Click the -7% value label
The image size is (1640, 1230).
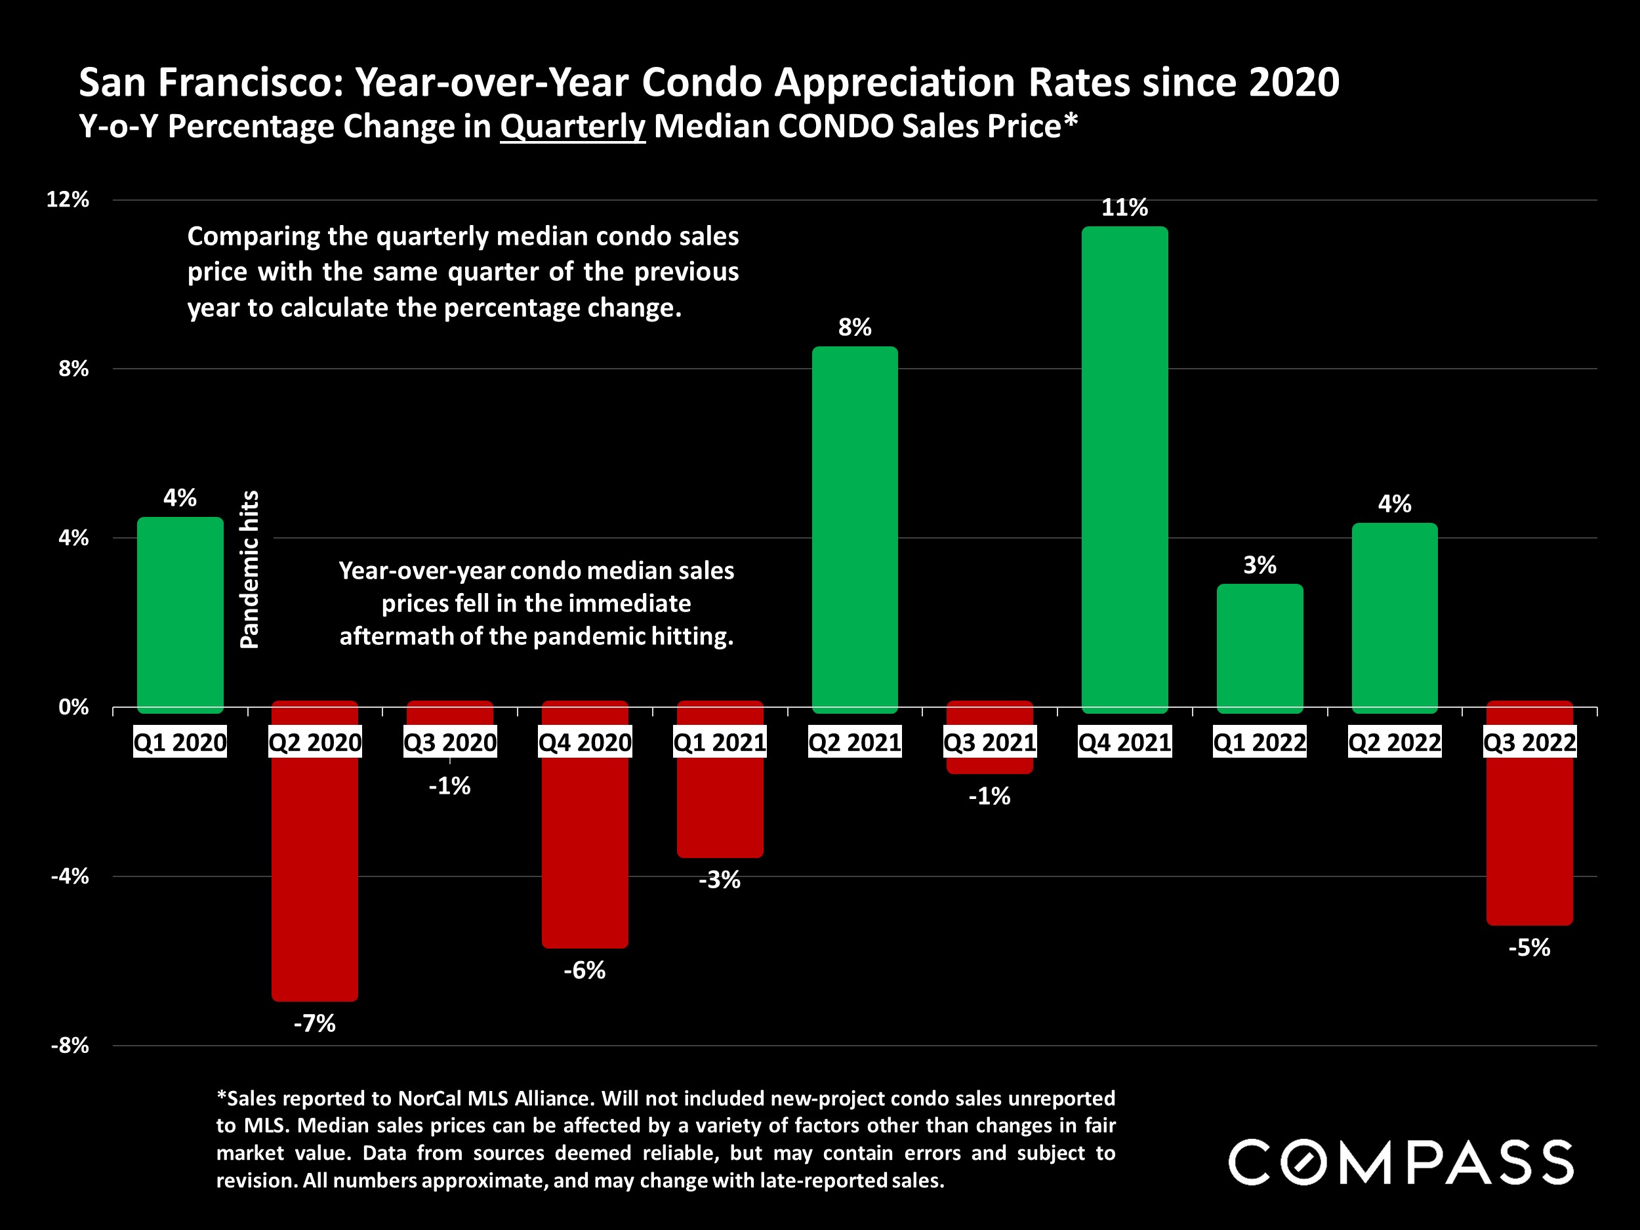[x=314, y=1024]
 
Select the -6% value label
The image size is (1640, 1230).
[x=584, y=970]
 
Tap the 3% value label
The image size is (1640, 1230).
[x=1259, y=565]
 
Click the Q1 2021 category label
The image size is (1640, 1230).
[x=719, y=743]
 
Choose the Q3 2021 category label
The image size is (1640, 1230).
[x=989, y=743]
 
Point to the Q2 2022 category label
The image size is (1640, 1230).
[x=1394, y=743]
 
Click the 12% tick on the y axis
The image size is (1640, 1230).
[x=68, y=199]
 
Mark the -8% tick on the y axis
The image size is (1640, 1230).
[x=70, y=1046]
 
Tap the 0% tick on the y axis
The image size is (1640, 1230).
[x=73, y=707]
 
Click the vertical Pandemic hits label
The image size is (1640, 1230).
[x=250, y=569]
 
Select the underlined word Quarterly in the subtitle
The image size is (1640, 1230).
[x=573, y=127]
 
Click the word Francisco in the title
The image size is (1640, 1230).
[x=251, y=82]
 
